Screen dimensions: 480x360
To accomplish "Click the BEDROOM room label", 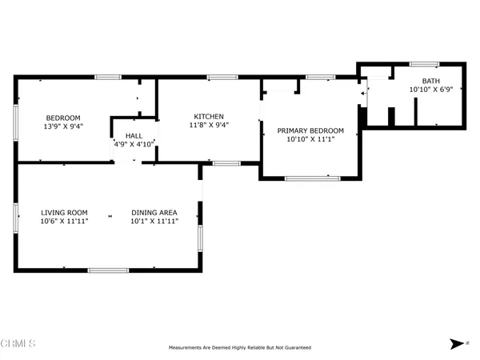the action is [x=63, y=118].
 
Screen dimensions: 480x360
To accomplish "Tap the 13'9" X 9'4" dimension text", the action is [x=63, y=126].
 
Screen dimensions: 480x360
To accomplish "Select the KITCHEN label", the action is [x=209, y=117].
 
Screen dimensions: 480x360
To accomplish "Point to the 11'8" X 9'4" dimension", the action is [x=209, y=125].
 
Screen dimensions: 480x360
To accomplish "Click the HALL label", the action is [x=134, y=136].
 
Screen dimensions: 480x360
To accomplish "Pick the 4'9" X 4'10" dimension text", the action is [x=134, y=144].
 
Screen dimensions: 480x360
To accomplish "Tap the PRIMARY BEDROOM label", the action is [x=310, y=130].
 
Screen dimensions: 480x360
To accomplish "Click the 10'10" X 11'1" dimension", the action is [x=310, y=139].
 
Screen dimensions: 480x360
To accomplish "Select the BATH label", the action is [x=431, y=81].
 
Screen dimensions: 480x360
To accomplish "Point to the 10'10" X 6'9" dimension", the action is [x=431, y=90].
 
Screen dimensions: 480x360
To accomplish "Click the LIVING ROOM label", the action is [x=64, y=213].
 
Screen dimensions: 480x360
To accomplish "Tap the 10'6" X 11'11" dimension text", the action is [x=64, y=221].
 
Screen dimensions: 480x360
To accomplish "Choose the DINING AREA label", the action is [x=154, y=213].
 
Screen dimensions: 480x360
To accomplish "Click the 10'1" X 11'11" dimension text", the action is [x=154, y=221].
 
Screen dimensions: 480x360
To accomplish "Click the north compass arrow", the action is [x=457, y=344].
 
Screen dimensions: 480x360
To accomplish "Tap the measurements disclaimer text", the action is [x=240, y=347].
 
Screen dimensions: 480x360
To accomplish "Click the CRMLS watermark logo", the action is [x=18, y=343].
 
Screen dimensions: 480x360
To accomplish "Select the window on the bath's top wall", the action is [x=424, y=64].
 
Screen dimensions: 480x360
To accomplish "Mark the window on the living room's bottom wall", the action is [x=108, y=270].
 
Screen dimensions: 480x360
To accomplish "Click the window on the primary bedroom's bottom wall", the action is [x=312, y=178].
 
